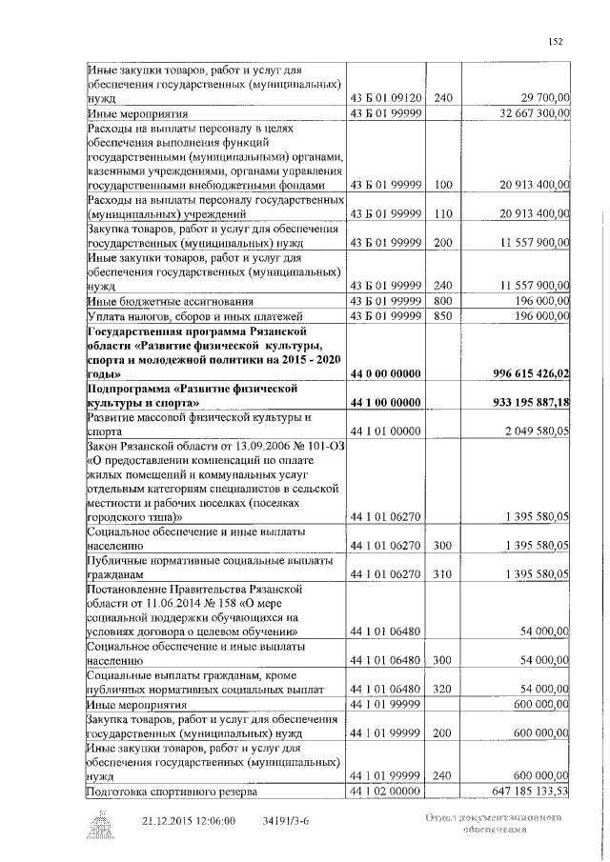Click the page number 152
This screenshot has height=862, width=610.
[x=556, y=40]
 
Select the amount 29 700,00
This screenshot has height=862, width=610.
[x=540, y=98]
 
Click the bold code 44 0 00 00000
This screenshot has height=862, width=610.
[x=386, y=373]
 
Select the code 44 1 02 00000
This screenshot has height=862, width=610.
[x=386, y=791]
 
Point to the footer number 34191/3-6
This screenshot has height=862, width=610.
[x=286, y=819]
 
